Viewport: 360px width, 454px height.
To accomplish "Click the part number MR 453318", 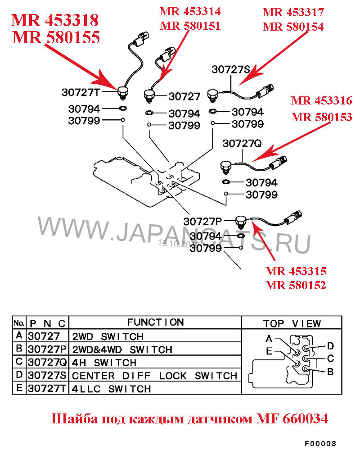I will pyautogui.click(x=55, y=21).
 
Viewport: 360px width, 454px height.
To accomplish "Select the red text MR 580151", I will pyautogui.click(x=190, y=26).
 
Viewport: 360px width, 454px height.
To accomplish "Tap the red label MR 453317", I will pyautogui.click(x=293, y=12).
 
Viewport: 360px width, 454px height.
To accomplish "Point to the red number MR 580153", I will pyautogui.click(x=321, y=117).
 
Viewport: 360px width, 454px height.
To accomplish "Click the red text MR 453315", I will pyautogui.click(x=296, y=272).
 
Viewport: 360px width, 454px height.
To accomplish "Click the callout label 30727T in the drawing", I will pyautogui.click(x=80, y=92).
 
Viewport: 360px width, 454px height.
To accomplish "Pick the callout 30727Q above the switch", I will pyautogui.click(x=242, y=144).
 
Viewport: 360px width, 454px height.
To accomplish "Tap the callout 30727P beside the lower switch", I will pyautogui.click(x=202, y=221).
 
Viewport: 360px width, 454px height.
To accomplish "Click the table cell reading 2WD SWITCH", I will pyautogui.click(x=108, y=336).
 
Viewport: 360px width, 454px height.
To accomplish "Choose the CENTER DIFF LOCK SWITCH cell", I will pyautogui.click(x=154, y=376).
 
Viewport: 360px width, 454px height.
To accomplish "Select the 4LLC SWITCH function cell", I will pyautogui.click(x=112, y=389).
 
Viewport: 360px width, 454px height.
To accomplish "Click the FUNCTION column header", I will pyautogui.click(x=155, y=322).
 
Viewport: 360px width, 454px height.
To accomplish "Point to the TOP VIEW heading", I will pyautogui.click(x=292, y=323).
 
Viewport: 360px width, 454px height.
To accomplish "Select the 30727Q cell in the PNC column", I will pyautogui.click(x=47, y=363).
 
